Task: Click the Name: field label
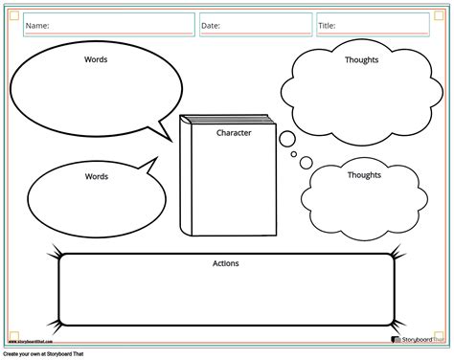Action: pyautogui.click(x=37, y=26)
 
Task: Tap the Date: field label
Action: pyautogui.click(x=212, y=26)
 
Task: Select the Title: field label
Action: pyautogui.click(x=328, y=26)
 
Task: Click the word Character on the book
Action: pyautogui.click(x=234, y=133)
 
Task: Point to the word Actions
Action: pyautogui.click(x=226, y=263)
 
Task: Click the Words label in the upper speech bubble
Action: pyautogui.click(x=96, y=59)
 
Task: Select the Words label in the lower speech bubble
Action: pyautogui.click(x=97, y=176)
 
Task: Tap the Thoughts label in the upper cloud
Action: pyautogui.click(x=361, y=59)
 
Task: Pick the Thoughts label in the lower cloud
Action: pyautogui.click(x=364, y=175)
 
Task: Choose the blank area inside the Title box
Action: pyautogui.click(x=393, y=26)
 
